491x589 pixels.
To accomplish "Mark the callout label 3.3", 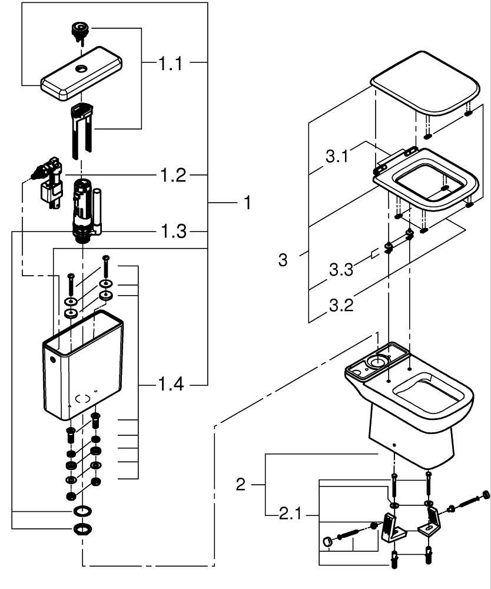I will (x=342, y=271).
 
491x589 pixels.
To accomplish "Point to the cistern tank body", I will (x=82, y=371).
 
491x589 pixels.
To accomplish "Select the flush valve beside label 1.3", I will (x=82, y=209).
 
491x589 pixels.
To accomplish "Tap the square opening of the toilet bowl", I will (x=427, y=395).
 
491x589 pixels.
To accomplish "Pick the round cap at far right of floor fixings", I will (x=486, y=494).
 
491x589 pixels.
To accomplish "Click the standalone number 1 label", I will (x=247, y=203).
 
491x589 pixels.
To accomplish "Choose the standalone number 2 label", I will (x=240, y=485).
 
